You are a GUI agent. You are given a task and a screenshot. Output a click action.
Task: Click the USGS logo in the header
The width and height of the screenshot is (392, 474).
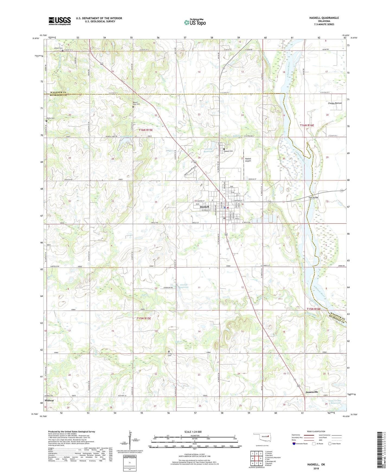(x=60, y=21)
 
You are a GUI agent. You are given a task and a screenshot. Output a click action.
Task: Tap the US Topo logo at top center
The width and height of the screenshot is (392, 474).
(x=195, y=22)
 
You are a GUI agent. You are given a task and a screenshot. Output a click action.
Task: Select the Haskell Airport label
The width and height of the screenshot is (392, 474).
(x=248, y=160)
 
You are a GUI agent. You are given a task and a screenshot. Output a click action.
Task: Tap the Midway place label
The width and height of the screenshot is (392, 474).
(x=49, y=400)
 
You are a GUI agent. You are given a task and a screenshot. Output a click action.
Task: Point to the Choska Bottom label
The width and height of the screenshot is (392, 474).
(x=335, y=103)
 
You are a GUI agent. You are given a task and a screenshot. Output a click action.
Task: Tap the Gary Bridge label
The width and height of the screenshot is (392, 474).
(x=313, y=197)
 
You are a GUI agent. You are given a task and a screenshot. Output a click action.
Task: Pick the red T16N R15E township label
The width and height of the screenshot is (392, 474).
(x=146, y=130)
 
